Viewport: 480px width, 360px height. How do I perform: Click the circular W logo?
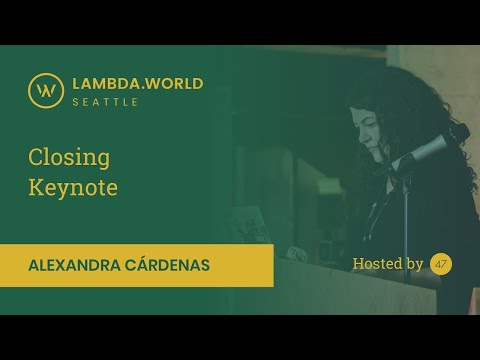point(45,90)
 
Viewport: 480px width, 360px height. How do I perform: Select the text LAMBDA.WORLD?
point(138,83)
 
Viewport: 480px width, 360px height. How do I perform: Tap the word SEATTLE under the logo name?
point(105,102)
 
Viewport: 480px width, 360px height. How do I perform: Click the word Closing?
point(69,157)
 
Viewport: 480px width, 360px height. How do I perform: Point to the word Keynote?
point(73,187)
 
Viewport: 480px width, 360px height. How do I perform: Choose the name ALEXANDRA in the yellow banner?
point(83,265)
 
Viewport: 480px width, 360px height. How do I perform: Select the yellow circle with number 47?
point(441,264)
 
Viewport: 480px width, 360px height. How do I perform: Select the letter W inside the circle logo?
point(45,90)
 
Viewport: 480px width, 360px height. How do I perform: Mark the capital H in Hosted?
point(358,264)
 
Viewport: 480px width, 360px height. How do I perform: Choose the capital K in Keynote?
point(34,187)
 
